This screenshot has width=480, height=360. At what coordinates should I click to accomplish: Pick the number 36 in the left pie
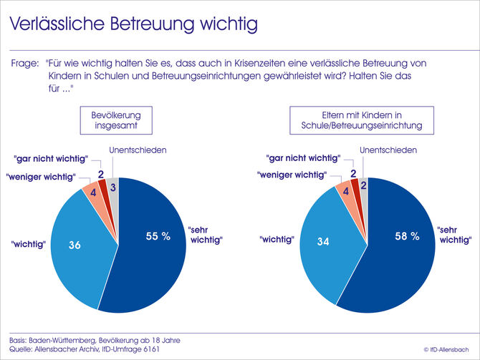pyautogui.click(x=74, y=245)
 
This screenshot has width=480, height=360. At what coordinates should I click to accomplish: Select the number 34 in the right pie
pyautogui.click(x=323, y=243)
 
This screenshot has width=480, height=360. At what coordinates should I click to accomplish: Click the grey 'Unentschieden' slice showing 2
pyautogui.click(x=364, y=185)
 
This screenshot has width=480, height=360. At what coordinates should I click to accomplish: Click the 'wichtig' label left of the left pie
pyautogui.click(x=29, y=244)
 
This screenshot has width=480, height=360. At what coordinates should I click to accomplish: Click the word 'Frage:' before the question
pyautogui.click(x=25, y=63)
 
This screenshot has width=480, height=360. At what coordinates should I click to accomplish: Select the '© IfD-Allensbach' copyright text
pyautogui.click(x=447, y=350)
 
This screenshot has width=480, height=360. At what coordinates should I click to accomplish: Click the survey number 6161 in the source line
pyautogui.click(x=151, y=349)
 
